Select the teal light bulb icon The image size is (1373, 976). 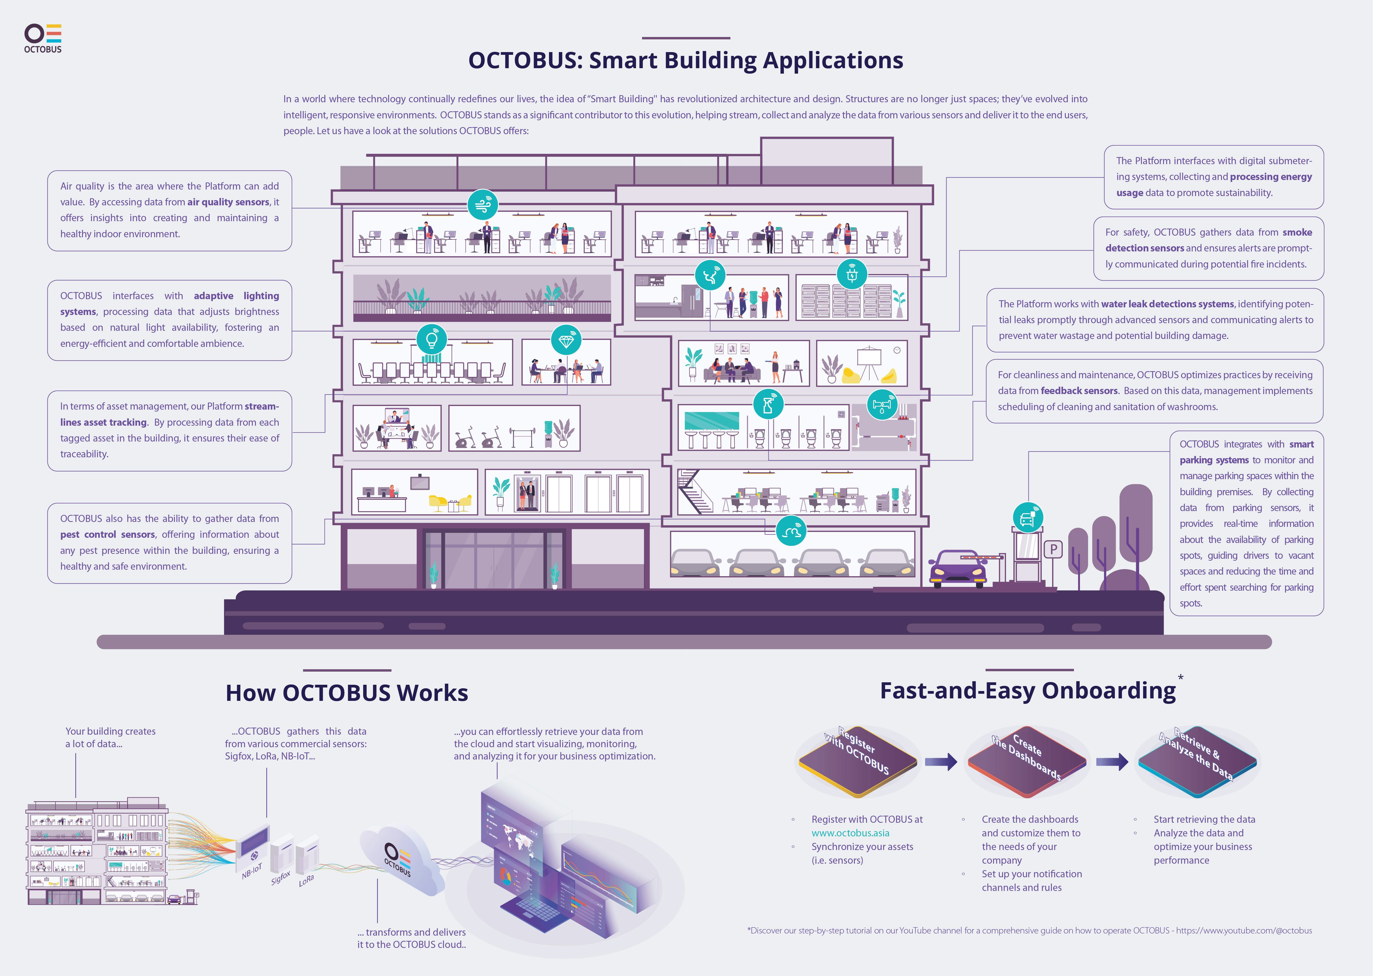(432, 340)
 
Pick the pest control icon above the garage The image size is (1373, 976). (790, 531)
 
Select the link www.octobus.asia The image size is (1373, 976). (850, 833)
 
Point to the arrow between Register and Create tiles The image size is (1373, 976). (941, 762)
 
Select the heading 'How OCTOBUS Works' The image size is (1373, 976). (347, 693)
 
